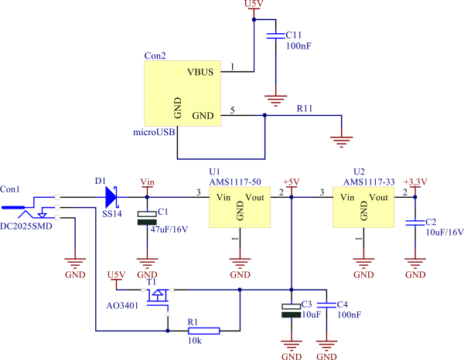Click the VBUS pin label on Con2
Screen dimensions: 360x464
[201, 72]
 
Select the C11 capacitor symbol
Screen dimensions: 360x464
[274, 36]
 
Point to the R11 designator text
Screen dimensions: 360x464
[305, 108]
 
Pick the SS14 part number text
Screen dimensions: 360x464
[112, 213]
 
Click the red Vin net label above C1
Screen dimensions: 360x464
[147, 182]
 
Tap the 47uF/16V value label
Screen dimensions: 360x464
[169, 229]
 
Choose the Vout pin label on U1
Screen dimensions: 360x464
[254, 198]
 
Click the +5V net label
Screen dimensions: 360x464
[291, 182]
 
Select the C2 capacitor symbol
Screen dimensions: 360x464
[415, 223]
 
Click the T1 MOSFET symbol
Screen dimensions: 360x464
[159, 295]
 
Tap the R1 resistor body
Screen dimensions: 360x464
[204, 331]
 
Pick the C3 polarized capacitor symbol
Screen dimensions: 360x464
[291, 309]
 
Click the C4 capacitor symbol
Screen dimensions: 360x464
[328, 304]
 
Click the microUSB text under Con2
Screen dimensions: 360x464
[154, 132]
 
